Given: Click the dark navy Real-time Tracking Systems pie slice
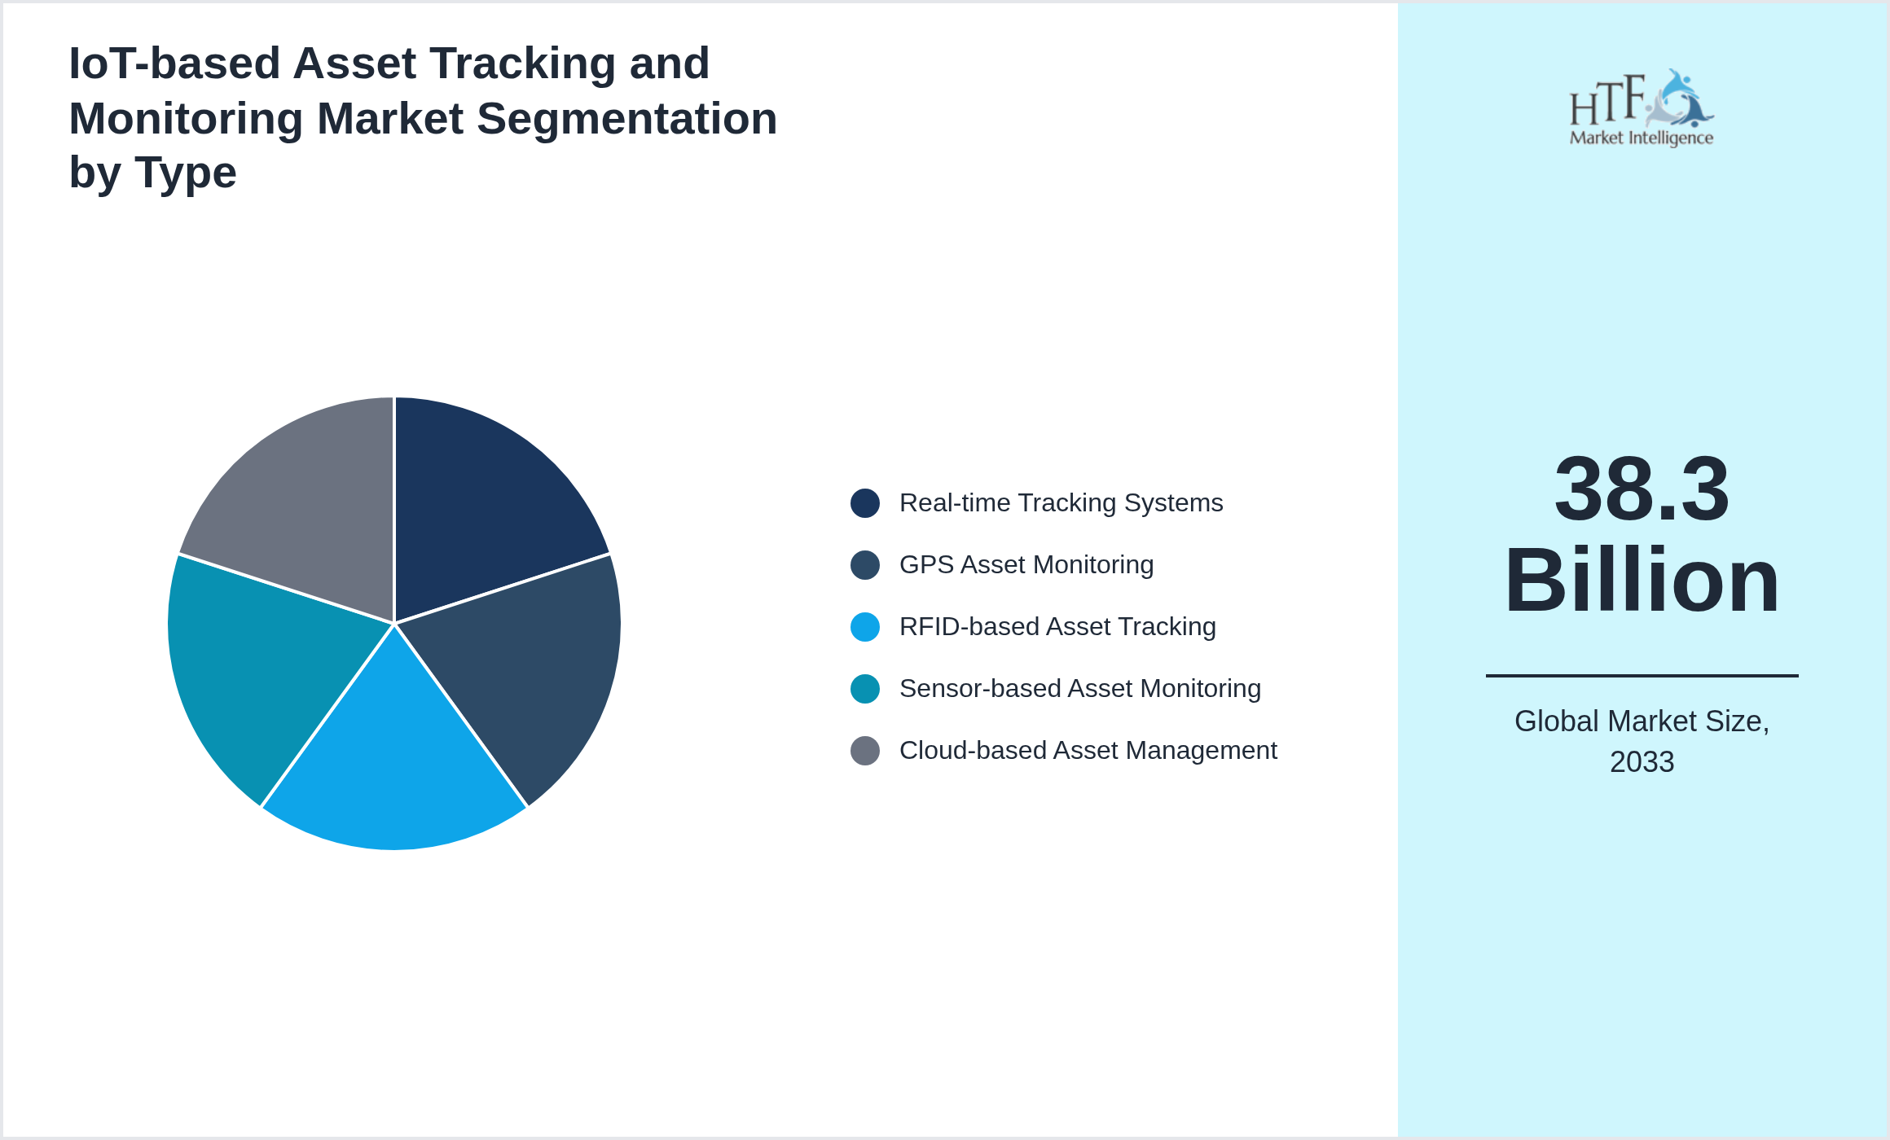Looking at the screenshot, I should pos(481,505).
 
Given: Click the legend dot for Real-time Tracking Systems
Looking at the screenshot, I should pos(865,503).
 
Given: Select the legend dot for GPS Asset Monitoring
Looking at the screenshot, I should pos(865,565).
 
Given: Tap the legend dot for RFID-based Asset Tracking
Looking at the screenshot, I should pos(865,627).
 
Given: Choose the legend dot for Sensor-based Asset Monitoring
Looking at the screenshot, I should pos(865,689).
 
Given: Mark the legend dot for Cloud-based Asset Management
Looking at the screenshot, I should pos(865,751).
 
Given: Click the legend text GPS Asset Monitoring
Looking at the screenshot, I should pos(1026,565).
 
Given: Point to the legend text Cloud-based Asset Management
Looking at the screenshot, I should pos(1088,751).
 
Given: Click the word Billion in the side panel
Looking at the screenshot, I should pos(1642,581).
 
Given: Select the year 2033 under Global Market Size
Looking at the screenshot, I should pos(1642,762).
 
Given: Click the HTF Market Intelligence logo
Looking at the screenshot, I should pos(1642,109).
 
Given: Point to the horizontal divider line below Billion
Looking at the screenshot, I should pos(1642,676).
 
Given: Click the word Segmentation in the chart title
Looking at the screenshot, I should pos(626,119).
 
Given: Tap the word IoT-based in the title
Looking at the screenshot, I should pos(174,64).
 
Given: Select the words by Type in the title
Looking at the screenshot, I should pos(152,173).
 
